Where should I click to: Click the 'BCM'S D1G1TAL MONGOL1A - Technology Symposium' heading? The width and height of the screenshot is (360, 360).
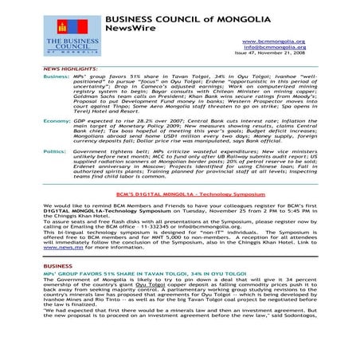point(179,215)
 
